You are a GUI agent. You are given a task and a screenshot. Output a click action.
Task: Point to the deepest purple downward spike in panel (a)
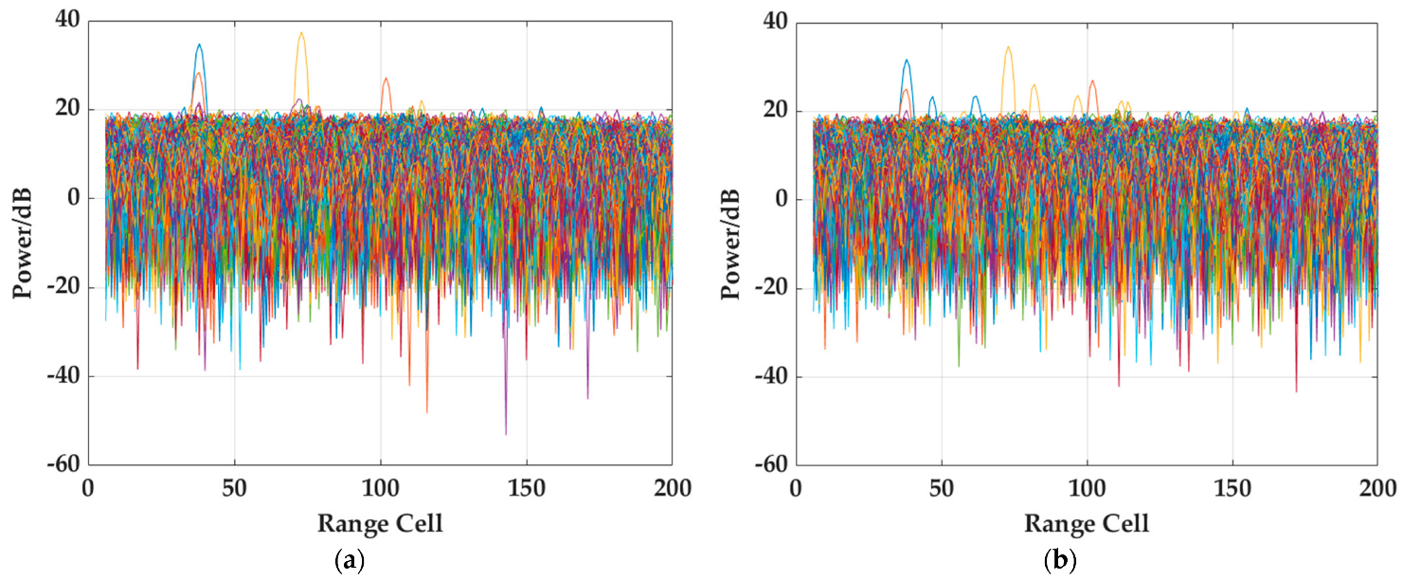tap(506, 431)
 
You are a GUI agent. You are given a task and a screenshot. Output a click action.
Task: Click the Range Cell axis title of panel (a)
tap(380, 522)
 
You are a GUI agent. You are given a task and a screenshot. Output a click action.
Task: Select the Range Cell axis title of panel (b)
tap(1087, 522)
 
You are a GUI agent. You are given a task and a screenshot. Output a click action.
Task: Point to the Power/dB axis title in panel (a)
tap(23, 244)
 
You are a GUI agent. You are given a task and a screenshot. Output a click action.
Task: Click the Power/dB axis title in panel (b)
tap(730, 244)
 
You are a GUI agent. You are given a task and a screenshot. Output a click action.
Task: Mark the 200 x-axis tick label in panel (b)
tap(1377, 489)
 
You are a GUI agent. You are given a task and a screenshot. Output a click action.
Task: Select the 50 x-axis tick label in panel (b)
tap(941, 489)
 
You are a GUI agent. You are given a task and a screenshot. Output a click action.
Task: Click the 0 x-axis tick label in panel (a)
tap(88, 489)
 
